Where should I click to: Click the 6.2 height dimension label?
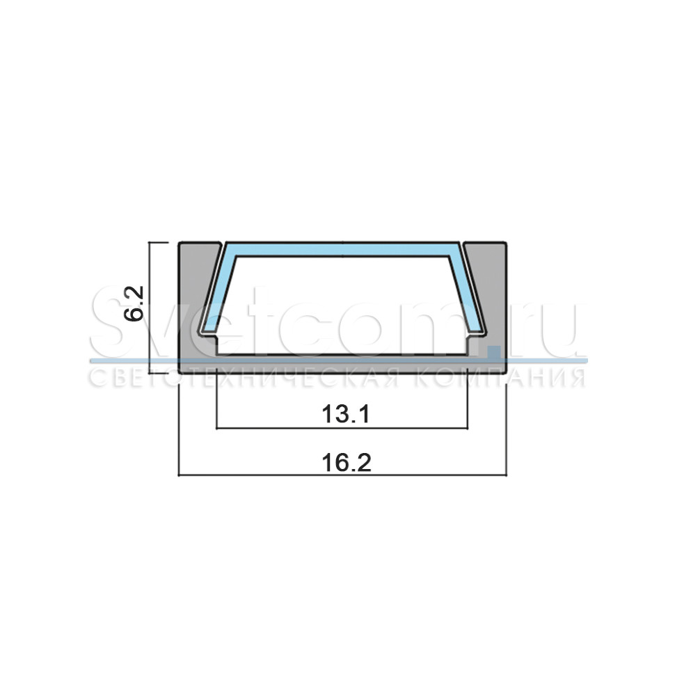(133, 303)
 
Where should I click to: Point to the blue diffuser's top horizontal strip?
(342, 250)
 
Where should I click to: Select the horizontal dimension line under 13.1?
(342, 429)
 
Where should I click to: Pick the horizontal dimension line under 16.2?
(342, 475)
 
